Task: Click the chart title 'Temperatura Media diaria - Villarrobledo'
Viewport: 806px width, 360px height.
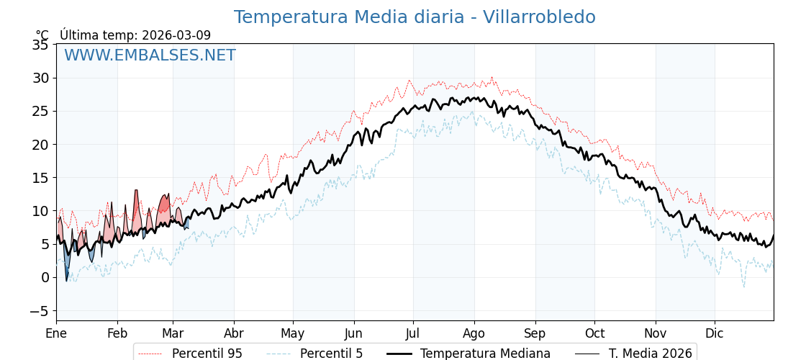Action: point(415,17)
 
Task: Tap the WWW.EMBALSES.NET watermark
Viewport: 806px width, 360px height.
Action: point(150,55)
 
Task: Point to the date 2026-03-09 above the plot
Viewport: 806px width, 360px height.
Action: point(176,35)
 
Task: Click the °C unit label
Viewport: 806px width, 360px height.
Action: point(42,35)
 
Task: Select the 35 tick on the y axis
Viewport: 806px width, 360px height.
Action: point(41,45)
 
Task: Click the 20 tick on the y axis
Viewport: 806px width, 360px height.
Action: point(41,144)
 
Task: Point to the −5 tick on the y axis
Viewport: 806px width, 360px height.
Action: point(39,310)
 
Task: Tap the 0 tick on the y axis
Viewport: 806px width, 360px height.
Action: point(45,277)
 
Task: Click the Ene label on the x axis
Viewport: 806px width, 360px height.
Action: point(56,333)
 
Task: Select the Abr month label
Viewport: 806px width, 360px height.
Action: point(234,333)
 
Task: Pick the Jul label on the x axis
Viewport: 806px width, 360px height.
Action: point(413,333)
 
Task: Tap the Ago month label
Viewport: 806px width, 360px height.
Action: point(474,333)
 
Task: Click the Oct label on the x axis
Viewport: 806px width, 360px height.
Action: point(594,333)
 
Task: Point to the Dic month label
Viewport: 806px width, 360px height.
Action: point(715,333)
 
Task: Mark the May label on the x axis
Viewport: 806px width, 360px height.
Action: point(293,333)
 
